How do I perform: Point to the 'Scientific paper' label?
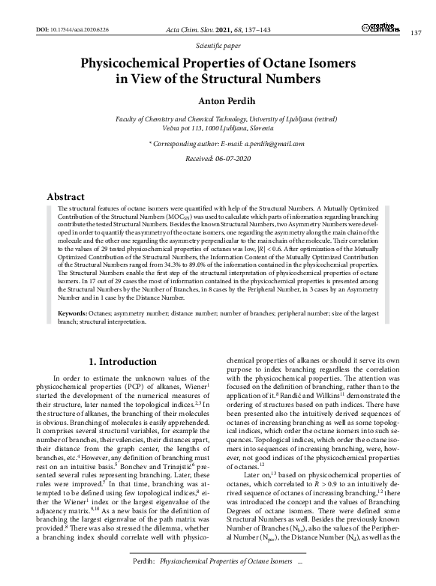218,45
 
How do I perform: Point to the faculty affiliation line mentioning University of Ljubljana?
218,120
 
